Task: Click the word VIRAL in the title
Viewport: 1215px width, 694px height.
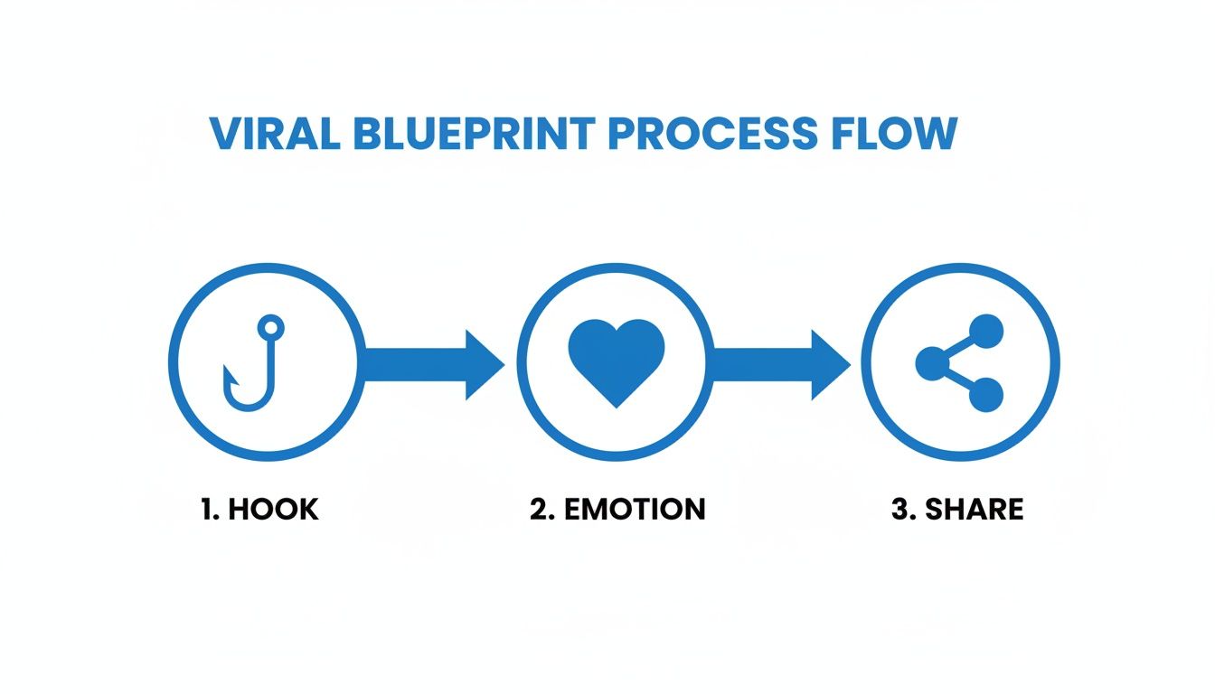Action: [x=273, y=134]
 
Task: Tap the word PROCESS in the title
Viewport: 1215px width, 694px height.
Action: [x=711, y=134]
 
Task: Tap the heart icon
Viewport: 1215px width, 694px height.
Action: [x=617, y=361]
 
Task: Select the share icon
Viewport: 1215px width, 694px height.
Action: [x=960, y=364]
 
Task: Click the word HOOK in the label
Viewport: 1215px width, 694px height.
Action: [x=273, y=509]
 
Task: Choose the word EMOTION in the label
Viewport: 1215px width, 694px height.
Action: [x=634, y=509]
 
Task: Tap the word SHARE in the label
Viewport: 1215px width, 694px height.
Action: [x=974, y=509]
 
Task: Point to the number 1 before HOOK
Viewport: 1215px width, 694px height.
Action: [x=208, y=509]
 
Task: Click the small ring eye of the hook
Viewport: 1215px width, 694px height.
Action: [x=270, y=326]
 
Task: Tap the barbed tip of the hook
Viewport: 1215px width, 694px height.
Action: [x=229, y=372]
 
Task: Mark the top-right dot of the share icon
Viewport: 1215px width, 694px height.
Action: [x=986, y=332]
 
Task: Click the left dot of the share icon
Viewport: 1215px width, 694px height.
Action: [x=931, y=364]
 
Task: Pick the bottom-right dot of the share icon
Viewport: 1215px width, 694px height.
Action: [x=986, y=395]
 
